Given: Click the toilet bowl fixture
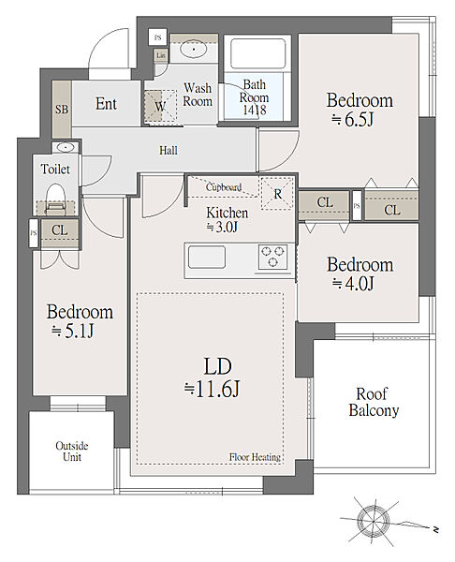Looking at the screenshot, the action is pos(55,199).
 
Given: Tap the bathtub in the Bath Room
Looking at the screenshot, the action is pos(258,53).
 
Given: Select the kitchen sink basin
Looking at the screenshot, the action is pos(207,257).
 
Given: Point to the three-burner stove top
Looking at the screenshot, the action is pos(273,257).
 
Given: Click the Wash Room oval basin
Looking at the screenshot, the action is pos(194,49).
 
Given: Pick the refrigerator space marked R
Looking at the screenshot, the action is pos(277,194).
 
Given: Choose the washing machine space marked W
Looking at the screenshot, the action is pos(160,106).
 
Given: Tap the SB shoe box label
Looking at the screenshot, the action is pos(62,109).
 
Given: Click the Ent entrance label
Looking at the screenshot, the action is pos(106,104).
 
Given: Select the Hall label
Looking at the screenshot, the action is pos(169,150).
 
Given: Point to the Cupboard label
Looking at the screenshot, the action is pos(224,187).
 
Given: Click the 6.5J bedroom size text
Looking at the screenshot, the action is pos(353,119).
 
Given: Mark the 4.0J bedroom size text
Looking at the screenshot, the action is pos(353,284).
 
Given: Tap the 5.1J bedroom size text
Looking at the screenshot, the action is pos(73,332).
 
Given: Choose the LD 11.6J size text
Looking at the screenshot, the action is pos(212,390).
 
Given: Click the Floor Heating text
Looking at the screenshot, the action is pos(255,457).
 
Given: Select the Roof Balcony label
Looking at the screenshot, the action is pos(374,402).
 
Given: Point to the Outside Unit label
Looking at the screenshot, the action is pos(72,451).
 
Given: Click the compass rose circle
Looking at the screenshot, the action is pos(374,520).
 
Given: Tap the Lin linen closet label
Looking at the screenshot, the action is pos(161,55).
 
